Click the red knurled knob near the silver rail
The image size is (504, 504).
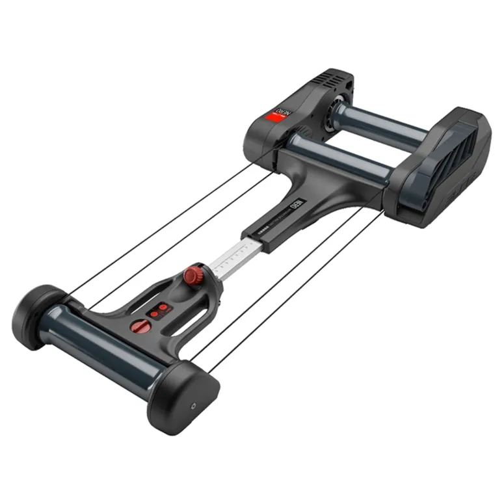tap(192, 275)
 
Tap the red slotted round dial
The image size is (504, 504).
tap(138, 325)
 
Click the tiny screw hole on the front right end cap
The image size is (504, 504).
tap(194, 403)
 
